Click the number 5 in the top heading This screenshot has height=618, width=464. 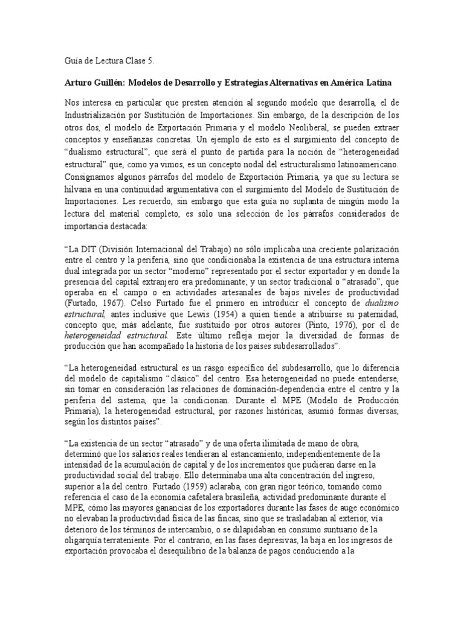[152, 61]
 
